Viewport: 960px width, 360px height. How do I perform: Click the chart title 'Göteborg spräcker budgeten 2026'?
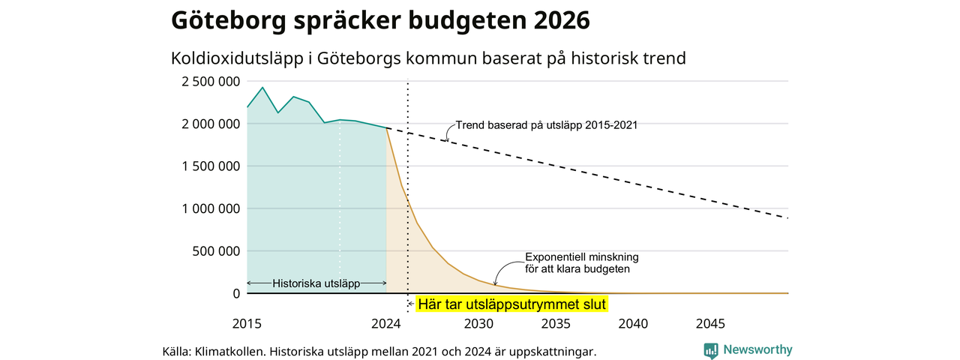pyautogui.click(x=380, y=20)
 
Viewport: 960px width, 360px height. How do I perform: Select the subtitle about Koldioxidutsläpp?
pyautogui.click(x=428, y=58)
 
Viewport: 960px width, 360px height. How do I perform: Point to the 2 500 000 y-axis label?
pyautogui.click(x=211, y=82)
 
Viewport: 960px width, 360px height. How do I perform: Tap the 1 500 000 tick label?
pyautogui.click(x=211, y=166)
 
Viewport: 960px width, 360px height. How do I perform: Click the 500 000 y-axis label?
pyautogui.click(x=216, y=251)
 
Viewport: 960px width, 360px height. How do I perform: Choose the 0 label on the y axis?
pyautogui.click(x=236, y=293)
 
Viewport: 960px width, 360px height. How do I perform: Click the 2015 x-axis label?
pyautogui.click(x=247, y=323)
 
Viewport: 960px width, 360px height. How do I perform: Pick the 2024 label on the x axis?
pyautogui.click(x=386, y=323)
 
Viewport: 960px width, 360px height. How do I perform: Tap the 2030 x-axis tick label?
pyautogui.click(x=478, y=323)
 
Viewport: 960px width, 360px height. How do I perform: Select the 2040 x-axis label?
pyautogui.click(x=633, y=323)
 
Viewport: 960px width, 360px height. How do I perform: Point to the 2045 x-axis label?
pyautogui.click(x=710, y=323)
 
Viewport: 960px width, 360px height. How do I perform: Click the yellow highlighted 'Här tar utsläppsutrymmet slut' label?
pyautogui.click(x=511, y=304)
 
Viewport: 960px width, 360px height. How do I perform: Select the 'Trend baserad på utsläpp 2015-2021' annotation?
pyautogui.click(x=547, y=125)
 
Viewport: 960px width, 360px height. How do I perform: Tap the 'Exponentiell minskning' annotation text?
pyautogui.click(x=581, y=257)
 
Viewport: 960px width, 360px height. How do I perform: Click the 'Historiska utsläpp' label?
pyautogui.click(x=316, y=283)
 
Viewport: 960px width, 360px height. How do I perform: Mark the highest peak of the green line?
pyautogui.click(x=262, y=88)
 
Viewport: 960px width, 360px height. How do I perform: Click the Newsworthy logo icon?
pyautogui.click(x=711, y=350)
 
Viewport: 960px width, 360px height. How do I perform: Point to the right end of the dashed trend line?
pyautogui.click(x=787, y=218)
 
